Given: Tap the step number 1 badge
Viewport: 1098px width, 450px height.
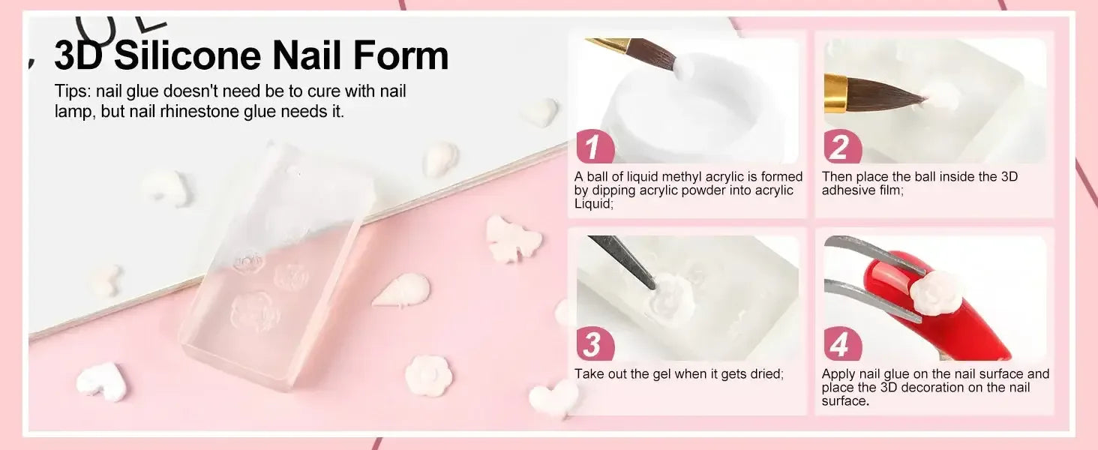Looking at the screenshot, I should tap(595, 146).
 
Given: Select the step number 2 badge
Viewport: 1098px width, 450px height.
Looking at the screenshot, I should tap(842, 146).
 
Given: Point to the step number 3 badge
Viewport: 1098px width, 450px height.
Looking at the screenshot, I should tap(595, 344).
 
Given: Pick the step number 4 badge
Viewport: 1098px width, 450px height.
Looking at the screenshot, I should tap(842, 344).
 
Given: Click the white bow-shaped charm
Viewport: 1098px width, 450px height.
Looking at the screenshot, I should tap(514, 239).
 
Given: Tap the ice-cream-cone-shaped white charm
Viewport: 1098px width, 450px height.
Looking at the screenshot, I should tap(403, 290).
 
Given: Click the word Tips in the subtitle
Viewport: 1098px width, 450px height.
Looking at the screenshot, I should tap(71, 91).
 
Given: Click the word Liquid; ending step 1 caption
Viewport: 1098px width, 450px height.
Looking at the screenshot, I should tap(594, 203).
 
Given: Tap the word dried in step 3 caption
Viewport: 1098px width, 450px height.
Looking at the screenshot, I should tap(765, 373).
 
